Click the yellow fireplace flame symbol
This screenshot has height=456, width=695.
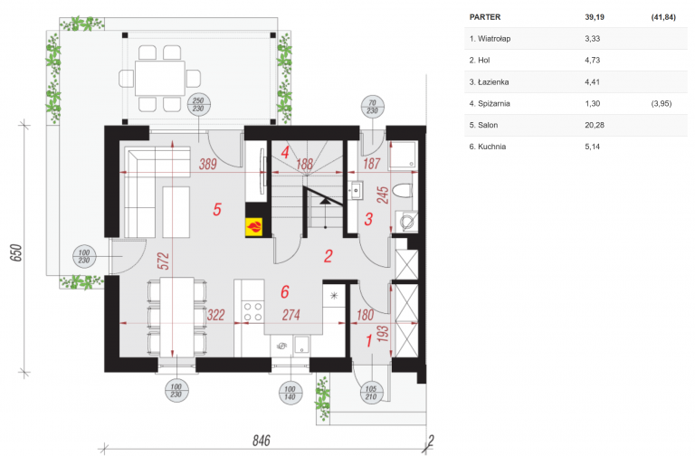pos(254,227)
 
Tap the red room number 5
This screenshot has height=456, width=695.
pos(217,209)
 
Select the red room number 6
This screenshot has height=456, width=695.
pos(285,291)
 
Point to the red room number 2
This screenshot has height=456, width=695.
pos(328,256)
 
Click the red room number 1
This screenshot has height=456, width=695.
pos(369,341)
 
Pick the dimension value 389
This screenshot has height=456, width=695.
pos(207,164)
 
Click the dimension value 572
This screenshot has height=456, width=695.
pos(163,261)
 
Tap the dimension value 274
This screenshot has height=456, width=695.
pos(290,315)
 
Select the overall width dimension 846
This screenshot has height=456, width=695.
pos(261,440)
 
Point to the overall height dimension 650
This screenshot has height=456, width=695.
pos(15,252)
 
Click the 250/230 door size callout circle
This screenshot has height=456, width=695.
pos(198,105)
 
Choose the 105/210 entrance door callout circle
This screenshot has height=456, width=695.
pos(371,393)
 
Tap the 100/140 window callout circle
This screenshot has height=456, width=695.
pos(290,393)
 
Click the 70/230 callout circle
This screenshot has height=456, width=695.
pos(372,107)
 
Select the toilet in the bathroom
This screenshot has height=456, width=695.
pos(403,192)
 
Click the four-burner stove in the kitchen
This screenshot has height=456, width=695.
pos(252,311)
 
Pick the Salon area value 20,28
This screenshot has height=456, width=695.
pos(595,125)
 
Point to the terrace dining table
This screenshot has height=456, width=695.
pos(160,79)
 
